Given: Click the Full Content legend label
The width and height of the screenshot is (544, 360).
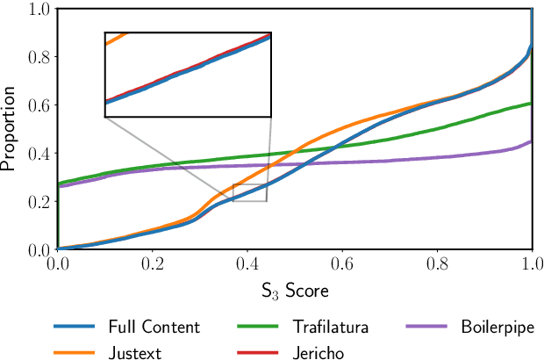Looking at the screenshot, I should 154,328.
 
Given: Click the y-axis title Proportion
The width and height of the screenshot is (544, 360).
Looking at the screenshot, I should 11,129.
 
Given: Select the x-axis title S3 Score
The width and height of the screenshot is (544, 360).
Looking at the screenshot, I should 294,289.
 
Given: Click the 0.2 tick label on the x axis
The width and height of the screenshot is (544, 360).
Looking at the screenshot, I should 152,263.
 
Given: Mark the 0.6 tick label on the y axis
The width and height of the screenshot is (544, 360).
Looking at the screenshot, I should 38,105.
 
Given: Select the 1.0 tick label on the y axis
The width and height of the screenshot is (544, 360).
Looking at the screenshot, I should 38,10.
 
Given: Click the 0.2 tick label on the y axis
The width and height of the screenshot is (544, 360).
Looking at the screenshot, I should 38,201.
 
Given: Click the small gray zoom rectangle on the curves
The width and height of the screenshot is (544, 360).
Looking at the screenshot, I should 249,193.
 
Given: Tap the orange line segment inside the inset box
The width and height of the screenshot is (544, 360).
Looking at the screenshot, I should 115,39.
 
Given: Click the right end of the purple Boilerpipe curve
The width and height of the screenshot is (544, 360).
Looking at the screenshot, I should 530,142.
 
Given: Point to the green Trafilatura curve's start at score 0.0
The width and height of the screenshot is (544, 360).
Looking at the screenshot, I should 59,184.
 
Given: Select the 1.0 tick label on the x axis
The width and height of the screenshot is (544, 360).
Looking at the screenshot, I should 532,263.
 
